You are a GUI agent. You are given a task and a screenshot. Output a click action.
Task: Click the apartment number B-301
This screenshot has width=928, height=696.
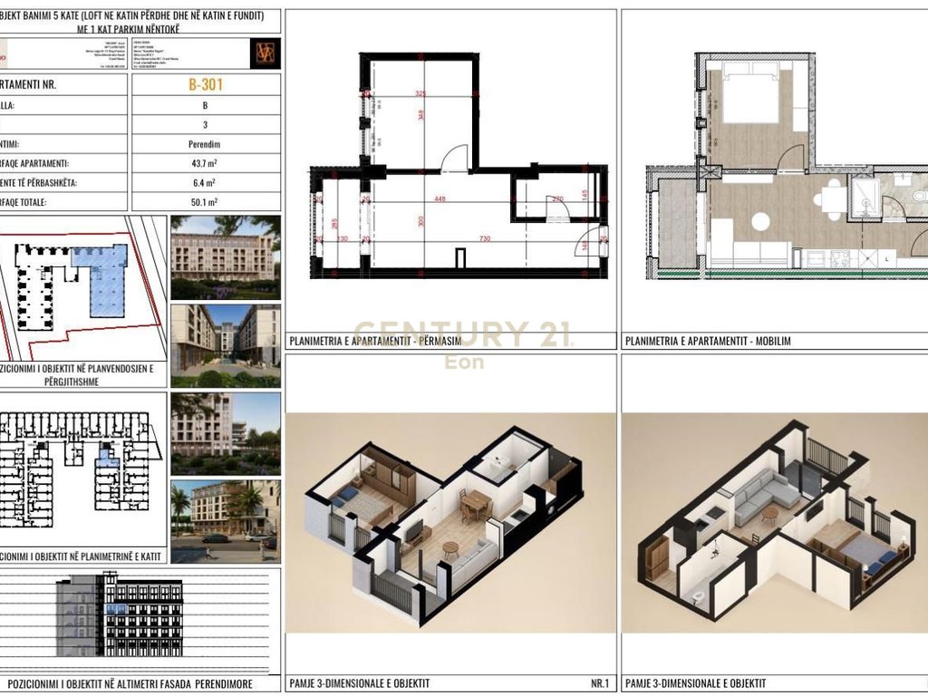(206, 85)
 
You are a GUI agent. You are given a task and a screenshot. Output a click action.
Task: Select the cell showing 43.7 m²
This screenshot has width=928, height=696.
(206, 164)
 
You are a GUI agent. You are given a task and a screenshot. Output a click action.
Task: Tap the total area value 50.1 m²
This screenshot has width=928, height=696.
(206, 203)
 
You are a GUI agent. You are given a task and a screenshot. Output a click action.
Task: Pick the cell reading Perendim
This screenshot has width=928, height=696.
(206, 144)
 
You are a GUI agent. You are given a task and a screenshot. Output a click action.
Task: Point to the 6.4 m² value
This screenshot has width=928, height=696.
(206, 183)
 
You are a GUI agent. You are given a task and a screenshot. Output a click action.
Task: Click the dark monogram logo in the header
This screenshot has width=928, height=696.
(266, 53)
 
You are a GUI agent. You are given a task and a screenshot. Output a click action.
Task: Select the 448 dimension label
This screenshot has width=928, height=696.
(440, 201)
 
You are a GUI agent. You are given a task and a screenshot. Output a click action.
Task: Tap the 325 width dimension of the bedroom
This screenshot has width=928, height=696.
(420, 93)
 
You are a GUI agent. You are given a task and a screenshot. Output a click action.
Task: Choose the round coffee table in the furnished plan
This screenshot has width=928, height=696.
(760, 221)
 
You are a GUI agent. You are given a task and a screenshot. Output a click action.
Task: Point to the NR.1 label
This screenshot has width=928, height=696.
(599, 682)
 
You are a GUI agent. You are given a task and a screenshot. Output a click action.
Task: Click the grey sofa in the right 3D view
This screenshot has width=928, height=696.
(766, 490)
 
